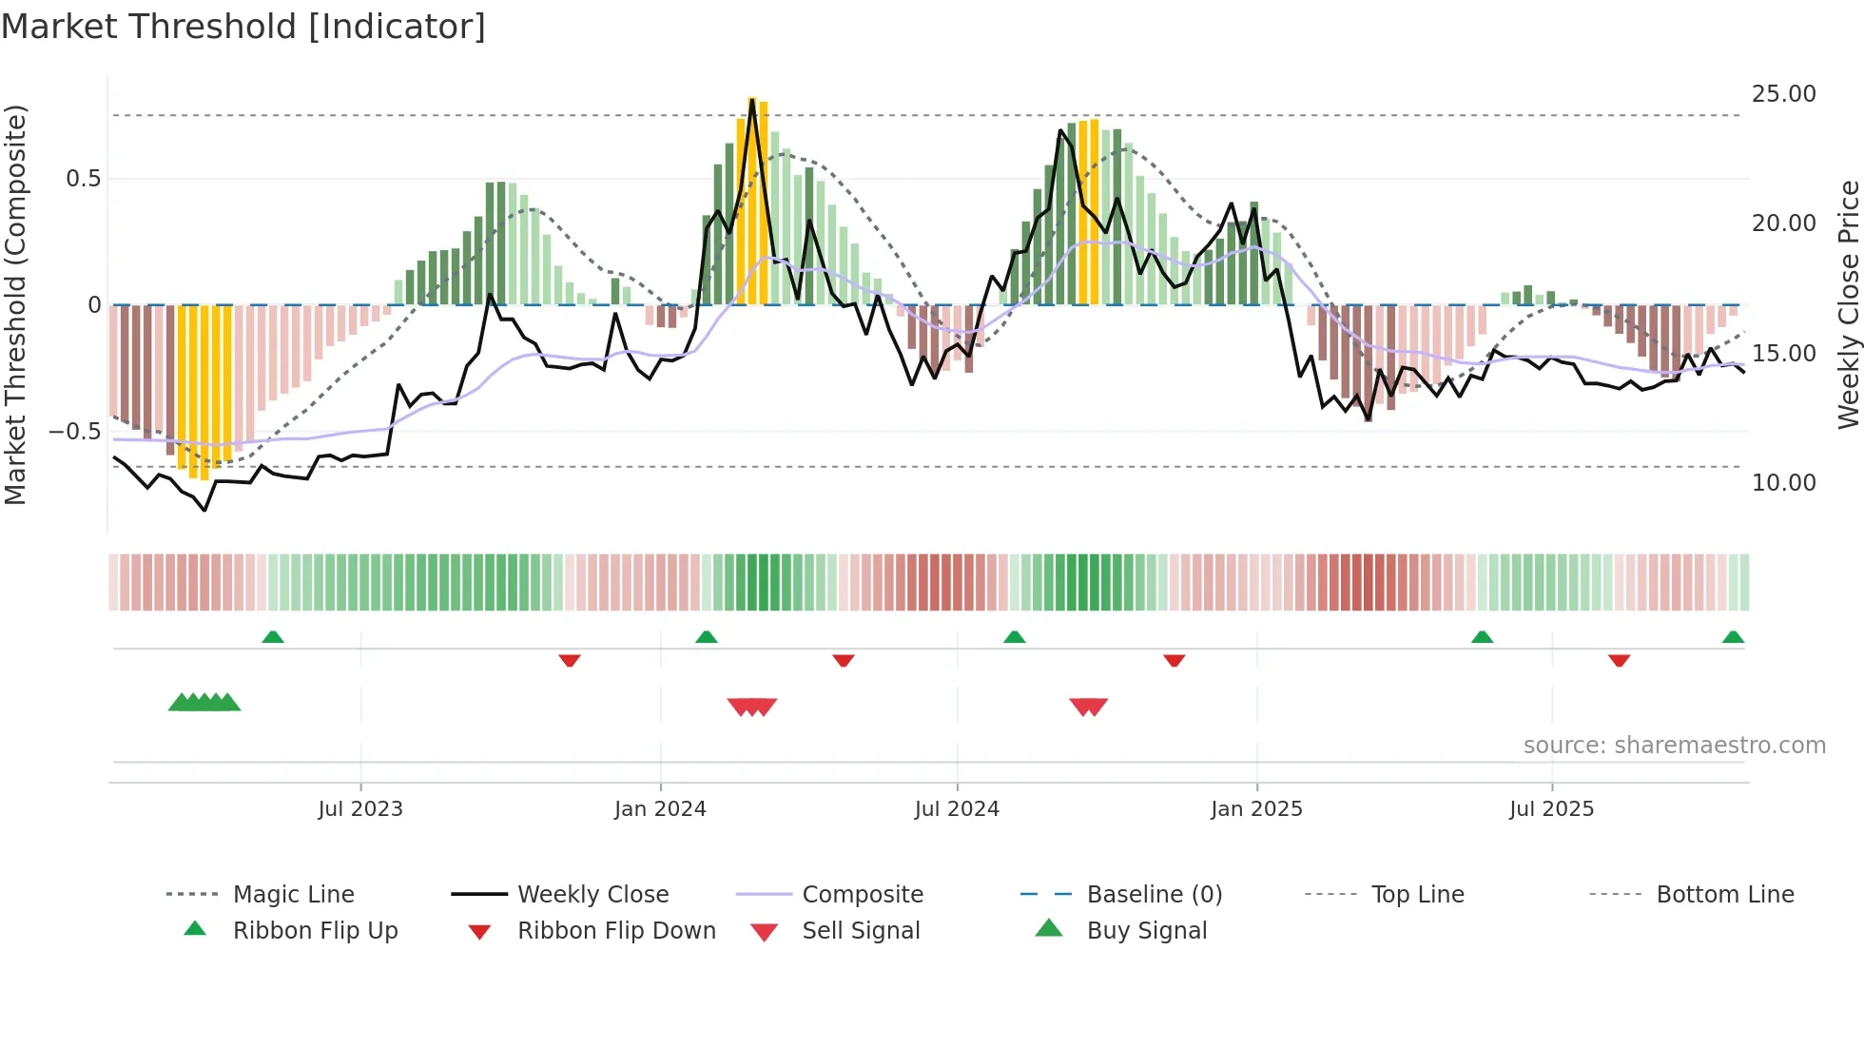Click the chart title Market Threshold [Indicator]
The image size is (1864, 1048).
(x=243, y=27)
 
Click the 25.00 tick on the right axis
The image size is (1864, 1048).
(x=1783, y=94)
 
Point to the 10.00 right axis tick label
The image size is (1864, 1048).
(x=1783, y=483)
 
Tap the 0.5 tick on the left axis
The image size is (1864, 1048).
(x=83, y=179)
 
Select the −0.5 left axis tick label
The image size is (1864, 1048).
(x=75, y=432)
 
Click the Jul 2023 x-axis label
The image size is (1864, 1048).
(x=360, y=809)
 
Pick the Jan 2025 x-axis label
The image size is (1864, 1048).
(x=1256, y=809)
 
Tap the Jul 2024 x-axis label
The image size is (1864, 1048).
(x=957, y=809)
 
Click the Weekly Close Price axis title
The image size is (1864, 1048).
(x=1848, y=304)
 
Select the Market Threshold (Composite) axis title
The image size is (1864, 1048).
(x=15, y=304)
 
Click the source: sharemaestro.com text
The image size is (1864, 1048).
(x=1674, y=746)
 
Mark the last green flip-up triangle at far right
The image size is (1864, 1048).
(x=1733, y=637)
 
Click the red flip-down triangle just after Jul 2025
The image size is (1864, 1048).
(x=1619, y=660)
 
